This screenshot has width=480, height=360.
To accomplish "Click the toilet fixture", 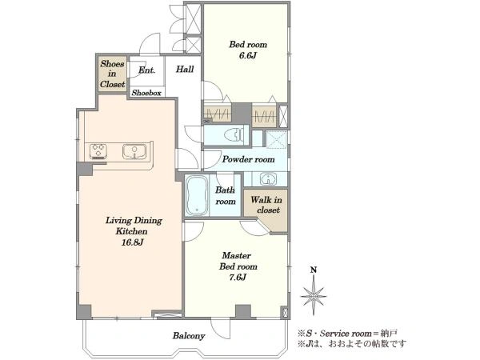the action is [x=234, y=134].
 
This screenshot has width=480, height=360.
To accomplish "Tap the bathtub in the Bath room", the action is [x=197, y=195].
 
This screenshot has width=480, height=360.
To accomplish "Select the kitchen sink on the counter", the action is [x=134, y=152].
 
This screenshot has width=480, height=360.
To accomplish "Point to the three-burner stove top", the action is [x=98, y=151].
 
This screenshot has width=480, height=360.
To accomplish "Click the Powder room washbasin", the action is [x=268, y=179].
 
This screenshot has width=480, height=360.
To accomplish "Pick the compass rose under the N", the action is [x=313, y=295].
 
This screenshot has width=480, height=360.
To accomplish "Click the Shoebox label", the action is [x=146, y=93].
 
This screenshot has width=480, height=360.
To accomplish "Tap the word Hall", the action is [x=185, y=69].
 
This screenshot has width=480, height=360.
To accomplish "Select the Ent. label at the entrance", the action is [x=146, y=70].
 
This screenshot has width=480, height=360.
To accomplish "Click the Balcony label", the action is [x=189, y=336].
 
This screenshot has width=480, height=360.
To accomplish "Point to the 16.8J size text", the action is [x=133, y=242].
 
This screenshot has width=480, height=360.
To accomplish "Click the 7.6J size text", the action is [x=238, y=278].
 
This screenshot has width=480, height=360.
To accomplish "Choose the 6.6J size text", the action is [x=248, y=55].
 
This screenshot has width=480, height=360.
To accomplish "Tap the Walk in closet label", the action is [x=266, y=205].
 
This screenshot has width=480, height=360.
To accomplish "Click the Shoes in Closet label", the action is [x=112, y=74].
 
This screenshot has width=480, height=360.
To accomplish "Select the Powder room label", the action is [x=248, y=159].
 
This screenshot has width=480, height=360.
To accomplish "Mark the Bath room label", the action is [x=226, y=196].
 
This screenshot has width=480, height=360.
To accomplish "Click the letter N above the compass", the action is [x=314, y=270].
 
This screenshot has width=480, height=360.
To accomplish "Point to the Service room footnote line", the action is [x=348, y=333].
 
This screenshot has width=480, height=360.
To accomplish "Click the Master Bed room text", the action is [x=238, y=261].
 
